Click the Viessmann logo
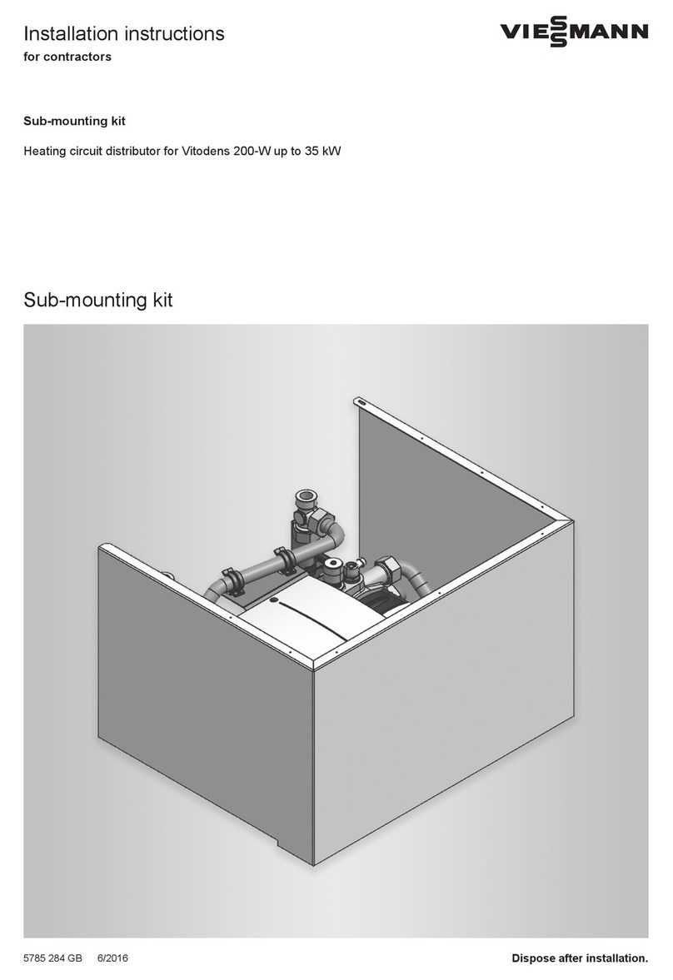click(573, 33)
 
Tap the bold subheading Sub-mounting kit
click(74, 122)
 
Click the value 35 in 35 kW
click(304, 152)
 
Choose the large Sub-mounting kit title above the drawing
click(98, 300)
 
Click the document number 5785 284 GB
click(52, 958)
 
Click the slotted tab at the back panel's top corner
click(361, 402)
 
